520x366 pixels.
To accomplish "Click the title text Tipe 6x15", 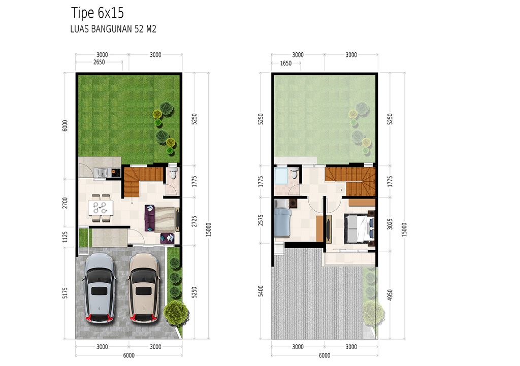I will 97,12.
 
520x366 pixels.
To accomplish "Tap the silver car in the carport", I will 99,288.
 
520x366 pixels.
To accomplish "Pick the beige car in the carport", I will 144,288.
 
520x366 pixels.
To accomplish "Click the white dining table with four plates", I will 100,208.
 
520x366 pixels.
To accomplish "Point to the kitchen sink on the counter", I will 102,173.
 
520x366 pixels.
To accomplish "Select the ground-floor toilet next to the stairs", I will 173,174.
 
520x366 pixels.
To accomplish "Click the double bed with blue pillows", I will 359,228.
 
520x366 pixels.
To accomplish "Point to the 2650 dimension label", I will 100,63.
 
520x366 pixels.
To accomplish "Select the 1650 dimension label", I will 286,63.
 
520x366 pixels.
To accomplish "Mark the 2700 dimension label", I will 65,203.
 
